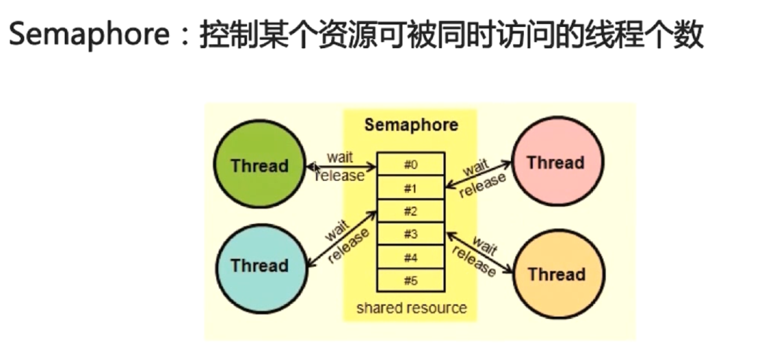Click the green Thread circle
coord(259,165)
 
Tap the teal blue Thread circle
coord(259,266)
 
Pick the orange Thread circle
coord(556,274)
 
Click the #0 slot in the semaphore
coord(411,165)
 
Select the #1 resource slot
coord(411,188)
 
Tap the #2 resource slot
coord(411,211)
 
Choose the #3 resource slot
coord(411,234)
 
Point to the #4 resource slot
coord(411,257)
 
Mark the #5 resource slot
coord(411,281)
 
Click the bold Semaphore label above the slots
coord(411,125)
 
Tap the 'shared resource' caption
coord(411,307)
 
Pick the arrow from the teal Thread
coord(342,239)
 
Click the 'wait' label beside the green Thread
coord(340,157)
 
